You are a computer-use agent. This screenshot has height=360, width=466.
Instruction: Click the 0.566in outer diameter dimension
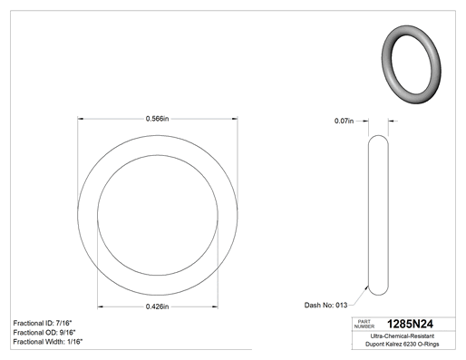(x=157, y=119)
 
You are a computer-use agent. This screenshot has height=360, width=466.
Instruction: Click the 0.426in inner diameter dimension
(x=157, y=306)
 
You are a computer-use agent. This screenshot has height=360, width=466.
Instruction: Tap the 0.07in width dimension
(x=344, y=121)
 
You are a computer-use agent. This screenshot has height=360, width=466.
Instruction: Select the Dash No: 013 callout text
(x=325, y=305)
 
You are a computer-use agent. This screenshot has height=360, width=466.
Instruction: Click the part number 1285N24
(x=410, y=324)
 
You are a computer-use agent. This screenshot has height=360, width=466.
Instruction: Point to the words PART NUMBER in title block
(x=364, y=324)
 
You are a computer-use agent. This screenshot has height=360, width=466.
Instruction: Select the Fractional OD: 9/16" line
(x=44, y=332)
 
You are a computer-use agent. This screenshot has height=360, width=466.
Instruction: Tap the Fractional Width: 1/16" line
(x=48, y=342)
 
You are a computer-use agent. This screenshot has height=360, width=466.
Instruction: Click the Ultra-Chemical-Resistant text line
(x=403, y=336)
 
